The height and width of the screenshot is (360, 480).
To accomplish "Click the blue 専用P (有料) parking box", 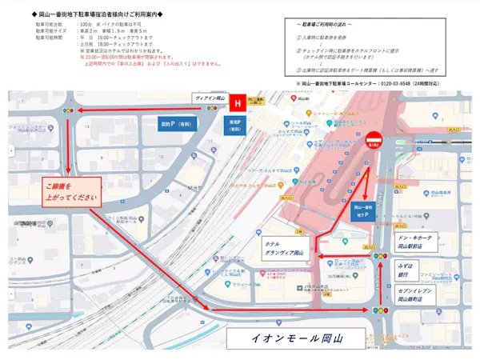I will pos(235,126).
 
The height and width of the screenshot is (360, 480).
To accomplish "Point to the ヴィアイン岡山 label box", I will pos(210,96).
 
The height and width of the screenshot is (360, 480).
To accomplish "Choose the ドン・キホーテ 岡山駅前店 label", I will pos(414,242).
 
